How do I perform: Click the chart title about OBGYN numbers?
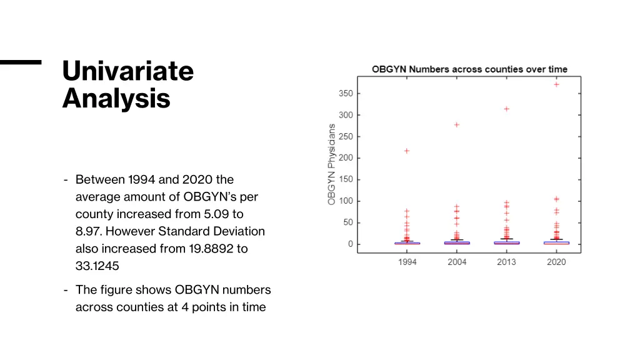click(x=469, y=69)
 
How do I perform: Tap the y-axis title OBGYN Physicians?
click(x=332, y=164)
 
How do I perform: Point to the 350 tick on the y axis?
click(x=346, y=94)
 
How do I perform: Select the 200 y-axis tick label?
click(x=346, y=158)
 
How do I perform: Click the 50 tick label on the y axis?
click(x=347, y=222)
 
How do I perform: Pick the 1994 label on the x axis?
click(x=407, y=262)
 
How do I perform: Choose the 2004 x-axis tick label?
click(x=457, y=262)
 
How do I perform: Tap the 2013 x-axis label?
click(x=506, y=262)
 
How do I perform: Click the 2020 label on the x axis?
click(x=556, y=262)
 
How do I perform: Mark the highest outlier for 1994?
click(x=407, y=151)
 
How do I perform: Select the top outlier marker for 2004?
click(x=457, y=124)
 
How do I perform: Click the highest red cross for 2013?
click(x=507, y=109)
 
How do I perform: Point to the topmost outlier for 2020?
click(x=556, y=84)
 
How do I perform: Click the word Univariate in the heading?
click(x=128, y=71)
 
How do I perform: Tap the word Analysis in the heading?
click(x=116, y=99)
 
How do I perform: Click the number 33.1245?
click(x=97, y=266)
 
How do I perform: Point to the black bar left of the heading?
click(x=20, y=62)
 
